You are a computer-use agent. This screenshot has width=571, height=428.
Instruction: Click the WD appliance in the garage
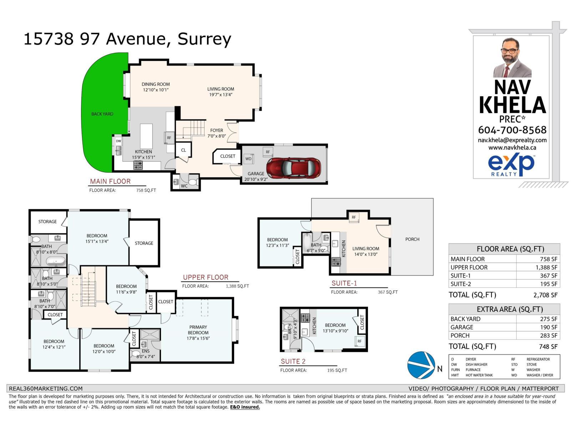click(x=248, y=159)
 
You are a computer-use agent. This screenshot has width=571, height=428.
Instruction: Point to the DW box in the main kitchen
click(x=118, y=141)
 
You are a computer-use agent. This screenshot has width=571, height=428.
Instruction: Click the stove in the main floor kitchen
click(x=138, y=165)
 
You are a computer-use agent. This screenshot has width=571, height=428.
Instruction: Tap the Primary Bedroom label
click(x=198, y=330)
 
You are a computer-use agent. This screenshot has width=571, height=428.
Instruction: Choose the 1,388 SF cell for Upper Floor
click(x=549, y=267)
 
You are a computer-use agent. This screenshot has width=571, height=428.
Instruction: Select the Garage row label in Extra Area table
click(x=462, y=327)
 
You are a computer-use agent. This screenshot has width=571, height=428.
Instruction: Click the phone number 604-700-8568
click(x=512, y=130)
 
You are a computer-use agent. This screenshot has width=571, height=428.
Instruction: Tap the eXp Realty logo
click(x=511, y=165)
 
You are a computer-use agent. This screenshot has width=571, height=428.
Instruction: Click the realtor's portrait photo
click(x=512, y=58)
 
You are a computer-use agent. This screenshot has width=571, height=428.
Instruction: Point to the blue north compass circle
click(x=421, y=365)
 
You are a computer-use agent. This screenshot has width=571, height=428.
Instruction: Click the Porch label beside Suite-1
click(x=412, y=239)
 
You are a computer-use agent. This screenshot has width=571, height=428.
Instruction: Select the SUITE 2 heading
click(x=293, y=361)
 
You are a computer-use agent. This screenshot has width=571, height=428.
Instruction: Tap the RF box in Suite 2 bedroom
click(x=359, y=341)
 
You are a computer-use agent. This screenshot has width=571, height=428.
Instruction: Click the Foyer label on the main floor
click(x=217, y=131)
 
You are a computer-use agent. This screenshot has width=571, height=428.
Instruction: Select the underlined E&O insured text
click(x=245, y=407)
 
